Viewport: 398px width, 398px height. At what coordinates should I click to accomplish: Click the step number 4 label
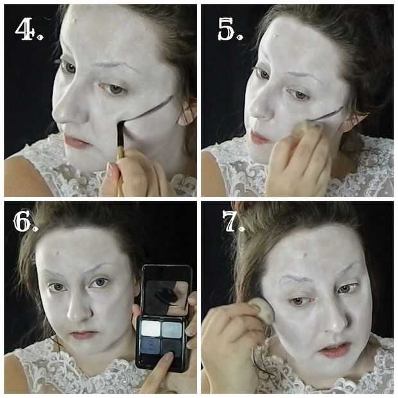point(28,29)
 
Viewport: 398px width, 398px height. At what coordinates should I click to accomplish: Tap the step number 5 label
point(230,29)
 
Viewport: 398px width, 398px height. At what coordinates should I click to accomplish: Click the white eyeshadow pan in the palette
point(151,329)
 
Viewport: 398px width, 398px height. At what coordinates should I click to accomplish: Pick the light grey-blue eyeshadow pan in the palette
point(172,330)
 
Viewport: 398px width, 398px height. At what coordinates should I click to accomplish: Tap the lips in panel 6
point(83,334)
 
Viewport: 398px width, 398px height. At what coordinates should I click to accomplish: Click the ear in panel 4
point(187,114)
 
